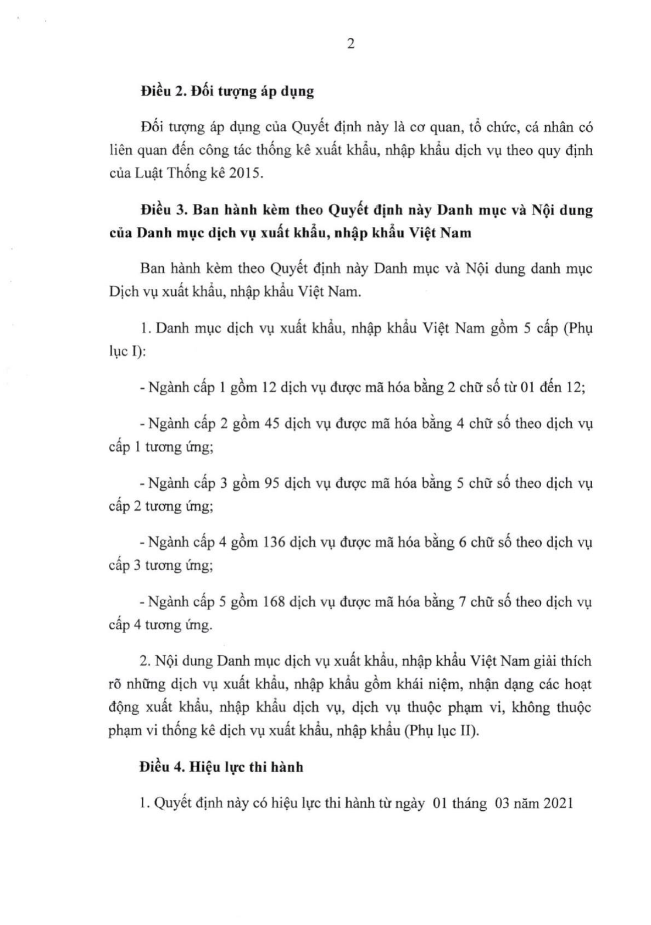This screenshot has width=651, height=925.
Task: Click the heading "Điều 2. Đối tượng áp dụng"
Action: coord(227,91)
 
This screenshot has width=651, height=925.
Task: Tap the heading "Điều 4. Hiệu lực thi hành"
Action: coord(221,767)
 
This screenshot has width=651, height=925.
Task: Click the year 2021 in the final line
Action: coord(558,804)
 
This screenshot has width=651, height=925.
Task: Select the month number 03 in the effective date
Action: coord(503,804)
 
